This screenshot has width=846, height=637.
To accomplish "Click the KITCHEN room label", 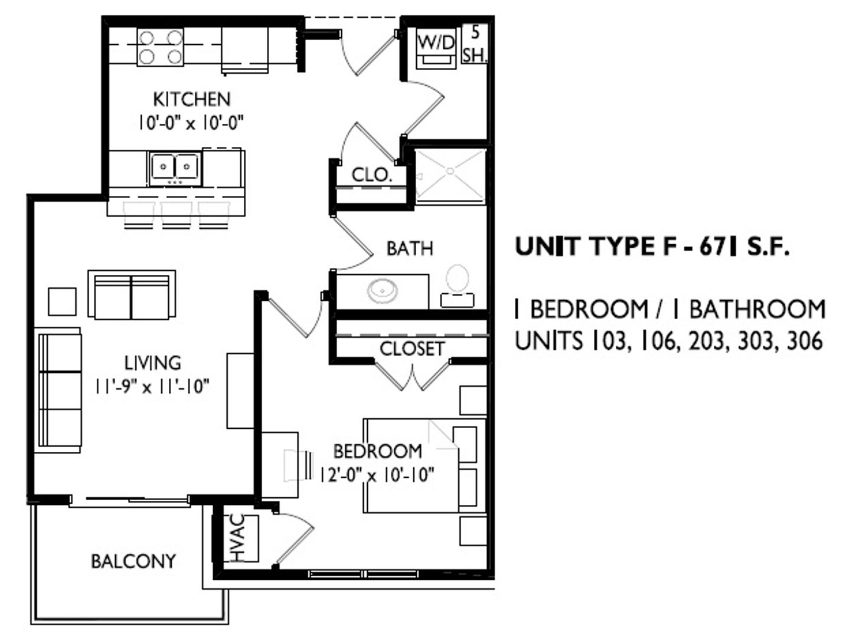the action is point(191,99).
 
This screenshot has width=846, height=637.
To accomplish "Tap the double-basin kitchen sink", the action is point(175,168).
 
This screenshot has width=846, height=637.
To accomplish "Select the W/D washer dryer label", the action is point(436,42).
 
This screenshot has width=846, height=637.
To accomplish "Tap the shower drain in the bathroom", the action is point(450,170).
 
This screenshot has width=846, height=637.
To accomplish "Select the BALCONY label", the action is point(133,561).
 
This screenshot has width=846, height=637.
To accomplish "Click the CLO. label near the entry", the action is point(371,176).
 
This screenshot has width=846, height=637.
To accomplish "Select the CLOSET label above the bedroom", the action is point(412,349).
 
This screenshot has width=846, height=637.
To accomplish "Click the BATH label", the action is point(410,248).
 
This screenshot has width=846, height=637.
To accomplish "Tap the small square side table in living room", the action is point(62,302).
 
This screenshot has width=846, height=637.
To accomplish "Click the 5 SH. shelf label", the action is point(475,44).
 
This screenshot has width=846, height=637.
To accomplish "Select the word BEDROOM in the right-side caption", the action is point(589,308).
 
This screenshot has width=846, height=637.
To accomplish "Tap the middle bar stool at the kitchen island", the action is point(177,215).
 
